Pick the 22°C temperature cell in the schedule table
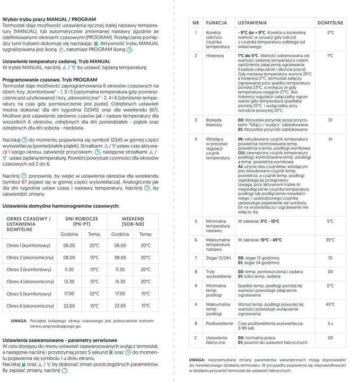pyautogui.click(x=94, y=293)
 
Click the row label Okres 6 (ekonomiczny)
pyautogui.click(x=30, y=306)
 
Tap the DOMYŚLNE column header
pyautogui.click(x=330, y=23)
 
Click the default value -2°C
pyautogui.click(x=330, y=33)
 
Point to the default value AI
pyautogui.click(x=330, y=139)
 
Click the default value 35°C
pyautogui.click(x=330, y=240)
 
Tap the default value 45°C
pyautogui.click(x=330, y=305)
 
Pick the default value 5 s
pyautogui.click(x=330, y=323)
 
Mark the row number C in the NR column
pyautogui.click(x=196, y=337)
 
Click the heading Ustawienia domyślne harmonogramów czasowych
pyautogui.click(x=60, y=206)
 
